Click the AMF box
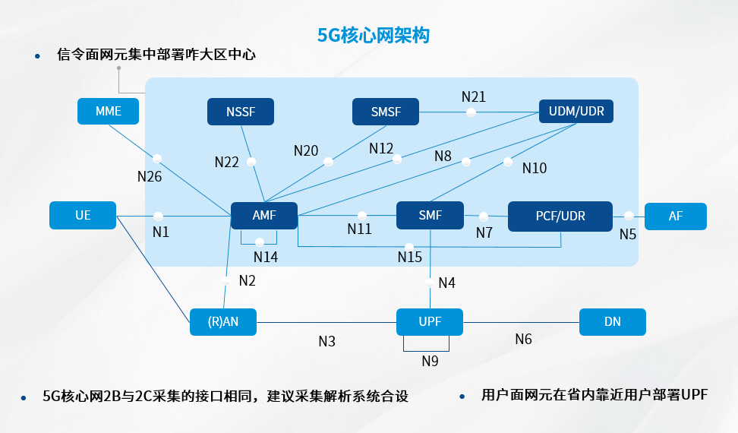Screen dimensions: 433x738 264,216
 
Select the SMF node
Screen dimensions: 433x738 430,216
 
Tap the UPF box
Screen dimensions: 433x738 430,321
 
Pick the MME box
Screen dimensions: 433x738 109,111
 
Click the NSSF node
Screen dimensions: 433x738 241,112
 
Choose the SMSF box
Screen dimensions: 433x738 386,112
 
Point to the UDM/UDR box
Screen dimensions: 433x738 576,112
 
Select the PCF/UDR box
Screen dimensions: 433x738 560,216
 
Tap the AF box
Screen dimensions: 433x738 676,216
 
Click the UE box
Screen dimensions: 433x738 83,215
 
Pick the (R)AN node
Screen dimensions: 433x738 223,321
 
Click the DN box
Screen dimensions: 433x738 613,321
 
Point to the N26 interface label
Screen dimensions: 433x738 150,176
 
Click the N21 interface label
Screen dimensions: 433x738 474,96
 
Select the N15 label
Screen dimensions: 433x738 410,258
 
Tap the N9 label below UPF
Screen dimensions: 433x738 430,361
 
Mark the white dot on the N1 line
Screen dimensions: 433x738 159,216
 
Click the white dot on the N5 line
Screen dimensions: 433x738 629,216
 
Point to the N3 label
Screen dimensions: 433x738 326,341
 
